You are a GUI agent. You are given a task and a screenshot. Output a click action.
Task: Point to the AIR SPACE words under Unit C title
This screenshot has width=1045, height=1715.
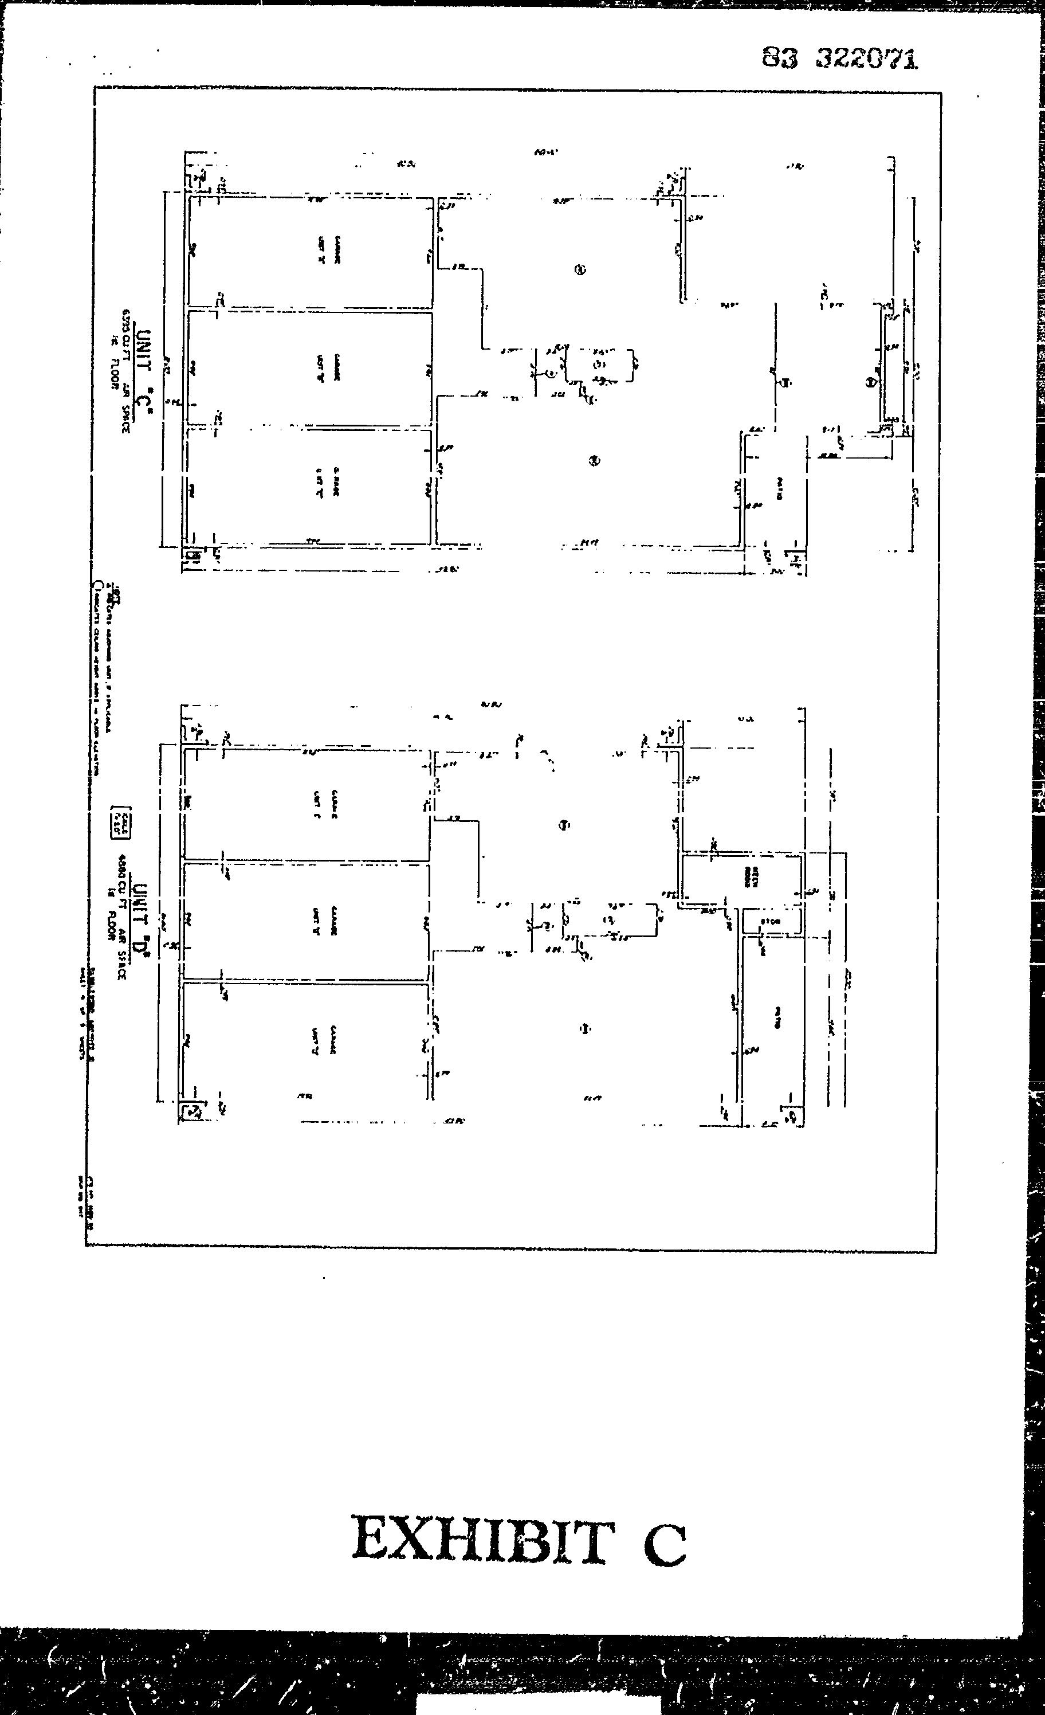click(126, 406)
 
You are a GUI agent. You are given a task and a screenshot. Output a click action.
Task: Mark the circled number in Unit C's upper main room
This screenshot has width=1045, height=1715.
click(580, 270)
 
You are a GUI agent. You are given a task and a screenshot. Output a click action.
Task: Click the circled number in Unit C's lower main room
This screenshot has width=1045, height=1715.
click(594, 460)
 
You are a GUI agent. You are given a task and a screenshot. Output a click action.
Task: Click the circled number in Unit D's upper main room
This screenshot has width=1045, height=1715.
click(564, 825)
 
